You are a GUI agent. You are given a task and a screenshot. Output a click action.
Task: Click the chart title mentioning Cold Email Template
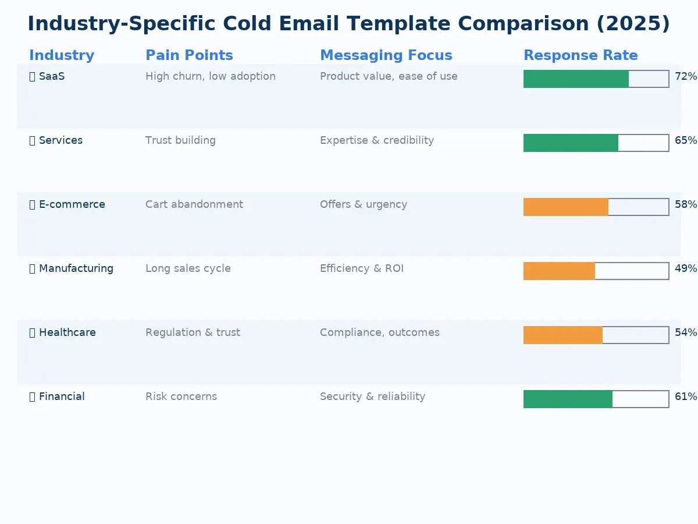(x=348, y=24)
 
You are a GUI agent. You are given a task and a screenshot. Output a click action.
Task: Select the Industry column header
(x=62, y=55)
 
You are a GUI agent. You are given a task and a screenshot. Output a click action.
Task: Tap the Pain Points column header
(x=189, y=55)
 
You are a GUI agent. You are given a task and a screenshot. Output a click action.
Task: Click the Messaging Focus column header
(x=386, y=55)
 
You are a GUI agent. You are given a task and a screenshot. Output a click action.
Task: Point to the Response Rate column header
(x=581, y=55)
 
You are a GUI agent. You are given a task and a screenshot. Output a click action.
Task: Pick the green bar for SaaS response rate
(x=576, y=79)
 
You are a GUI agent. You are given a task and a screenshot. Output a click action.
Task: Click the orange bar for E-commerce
(x=565, y=207)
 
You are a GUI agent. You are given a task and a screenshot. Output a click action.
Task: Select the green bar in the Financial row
(x=568, y=399)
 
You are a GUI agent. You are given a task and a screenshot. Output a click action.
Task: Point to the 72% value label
(x=685, y=76)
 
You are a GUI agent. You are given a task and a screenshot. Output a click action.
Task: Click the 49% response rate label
(x=685, y=268)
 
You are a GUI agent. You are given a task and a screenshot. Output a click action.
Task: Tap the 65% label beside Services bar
(x=685, y=140)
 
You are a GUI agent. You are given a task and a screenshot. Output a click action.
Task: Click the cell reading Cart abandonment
(x=194, y=204)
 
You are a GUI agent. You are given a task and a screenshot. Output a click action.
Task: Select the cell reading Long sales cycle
(x=188, y=268)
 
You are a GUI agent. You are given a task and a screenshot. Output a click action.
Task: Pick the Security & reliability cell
(x=372, y=396)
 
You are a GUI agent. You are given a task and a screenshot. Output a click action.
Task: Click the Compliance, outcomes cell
(x=379, y=332)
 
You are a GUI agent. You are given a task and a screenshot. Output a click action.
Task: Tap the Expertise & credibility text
(x=376, y=140)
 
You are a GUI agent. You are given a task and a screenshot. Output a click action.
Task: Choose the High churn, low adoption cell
(x=210, y=76)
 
